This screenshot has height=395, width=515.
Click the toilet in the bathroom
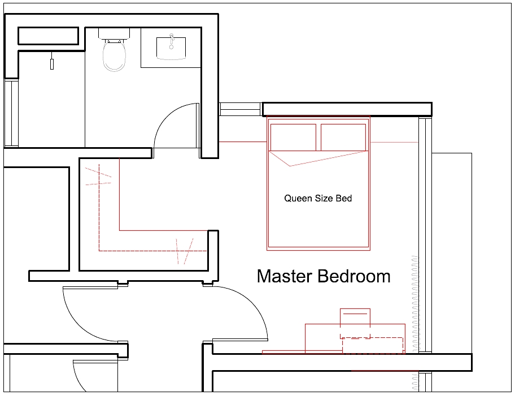point(114,57)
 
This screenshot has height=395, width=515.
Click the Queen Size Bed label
point(318,198)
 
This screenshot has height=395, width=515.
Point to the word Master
point(285,276)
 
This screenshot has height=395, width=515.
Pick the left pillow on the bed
point(293,137)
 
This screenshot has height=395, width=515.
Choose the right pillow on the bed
point(343,137)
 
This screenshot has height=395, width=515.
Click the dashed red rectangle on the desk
point(373,345)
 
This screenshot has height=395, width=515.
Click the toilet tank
point(114,33)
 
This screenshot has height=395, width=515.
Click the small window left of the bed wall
point(241,109)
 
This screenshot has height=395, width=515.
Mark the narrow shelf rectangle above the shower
point(48,36)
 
